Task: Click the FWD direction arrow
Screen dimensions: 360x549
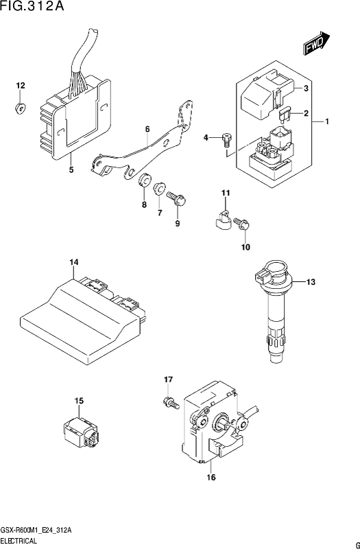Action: (x=316, y=44)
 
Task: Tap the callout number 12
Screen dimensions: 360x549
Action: (x=21, y=86)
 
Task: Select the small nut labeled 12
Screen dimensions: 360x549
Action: (x=20, y=108)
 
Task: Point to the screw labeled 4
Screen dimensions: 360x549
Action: (x=227, y=141)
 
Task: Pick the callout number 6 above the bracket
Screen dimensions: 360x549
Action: (x=147, y=130)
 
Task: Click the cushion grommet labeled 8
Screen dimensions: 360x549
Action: (x=144, y=180)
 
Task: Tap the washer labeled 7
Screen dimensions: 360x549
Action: (x=160, y=189)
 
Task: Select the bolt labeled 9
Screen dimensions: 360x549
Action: (x=176, y=198)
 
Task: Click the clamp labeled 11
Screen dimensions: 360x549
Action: (x=221, y=221)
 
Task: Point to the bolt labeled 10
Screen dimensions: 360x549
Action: (x=241, y=224)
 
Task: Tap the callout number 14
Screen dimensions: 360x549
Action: (x=74, y=262)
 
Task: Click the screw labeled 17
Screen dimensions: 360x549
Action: (x=170, y=403)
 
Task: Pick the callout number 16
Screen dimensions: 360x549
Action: (x=211, y=477)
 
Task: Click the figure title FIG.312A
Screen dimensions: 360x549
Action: (x=32, y=6)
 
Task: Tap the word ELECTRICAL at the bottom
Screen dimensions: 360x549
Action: (x=19, y=541)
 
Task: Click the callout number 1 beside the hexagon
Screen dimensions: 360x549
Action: (x=327, y=122)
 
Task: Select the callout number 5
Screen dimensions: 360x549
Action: (x=71, y=170)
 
